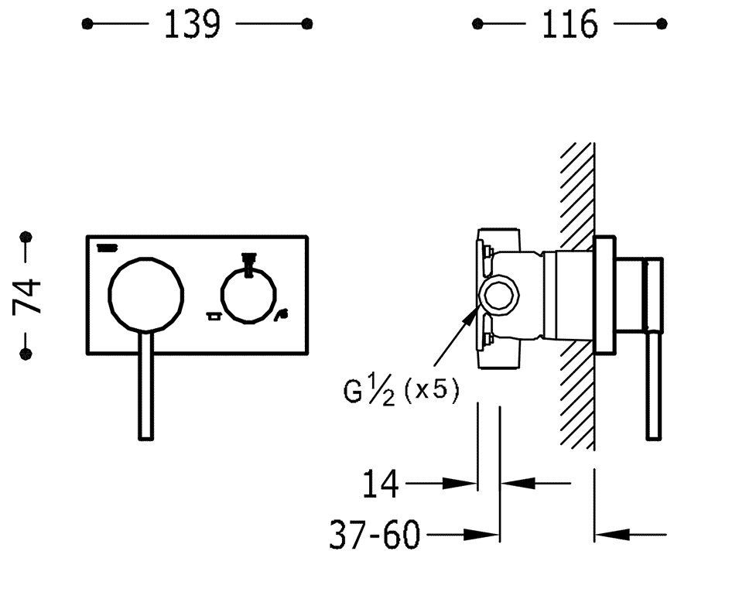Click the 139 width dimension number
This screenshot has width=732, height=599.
coord(192,25)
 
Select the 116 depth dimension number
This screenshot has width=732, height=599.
coord(570,25)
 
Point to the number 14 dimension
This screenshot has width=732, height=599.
coord(381,484)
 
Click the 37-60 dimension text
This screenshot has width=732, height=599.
coord(375,535)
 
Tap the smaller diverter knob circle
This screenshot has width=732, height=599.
coord(248,296)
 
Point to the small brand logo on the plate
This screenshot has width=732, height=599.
coord(107,248)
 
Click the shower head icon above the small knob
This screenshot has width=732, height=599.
coord(248,258)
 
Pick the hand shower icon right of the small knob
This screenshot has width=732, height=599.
coord(282,314)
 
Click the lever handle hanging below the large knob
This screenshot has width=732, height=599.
coord(147,387)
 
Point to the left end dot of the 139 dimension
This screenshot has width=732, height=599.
coord(87,24)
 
